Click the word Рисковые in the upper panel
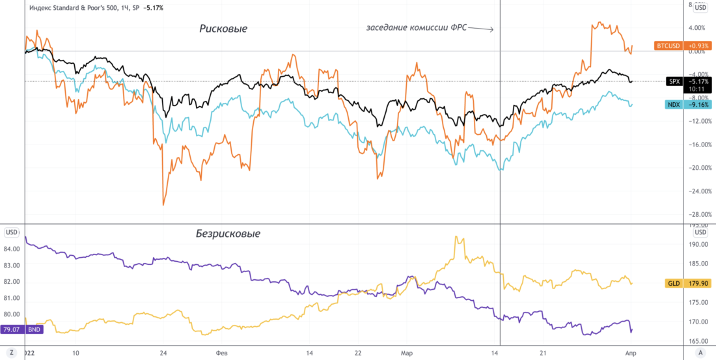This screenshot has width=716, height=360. [x=223, y=29]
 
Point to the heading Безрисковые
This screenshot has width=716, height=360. [x=228, y=233]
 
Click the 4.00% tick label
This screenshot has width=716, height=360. [x=697, y=27]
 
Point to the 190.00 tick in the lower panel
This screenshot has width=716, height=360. [x=697, y=244]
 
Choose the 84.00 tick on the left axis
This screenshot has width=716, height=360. [x=12, y=249]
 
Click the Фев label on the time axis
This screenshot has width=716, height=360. [x=221, y=352]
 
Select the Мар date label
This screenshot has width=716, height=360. [x=406, y=352]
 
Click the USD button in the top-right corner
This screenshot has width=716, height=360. [x=700, y=8]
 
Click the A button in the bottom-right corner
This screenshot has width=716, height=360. [x=700, y=352]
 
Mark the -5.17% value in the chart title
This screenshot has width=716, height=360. [x=152, y=8]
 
